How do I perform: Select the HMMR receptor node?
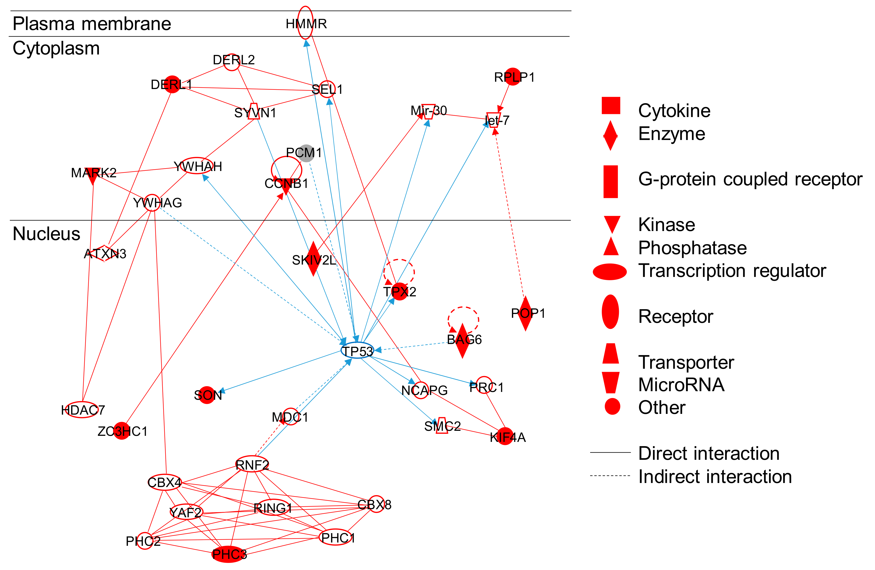coord(305,23)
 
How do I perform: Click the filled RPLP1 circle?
coord(512,76)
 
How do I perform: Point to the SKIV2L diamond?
coord(313,259)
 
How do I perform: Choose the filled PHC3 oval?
coord(229,554)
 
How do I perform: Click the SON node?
coord(207,395)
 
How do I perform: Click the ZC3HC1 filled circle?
coord(122,431)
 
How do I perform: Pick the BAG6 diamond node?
coord(462,340)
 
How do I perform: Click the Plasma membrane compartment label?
coord(92,24)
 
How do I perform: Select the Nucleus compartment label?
coord(46,234)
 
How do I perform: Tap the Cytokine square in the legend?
coord(611,105)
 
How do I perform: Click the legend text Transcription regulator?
coord(732,271)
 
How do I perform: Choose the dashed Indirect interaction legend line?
coord(610,476)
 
